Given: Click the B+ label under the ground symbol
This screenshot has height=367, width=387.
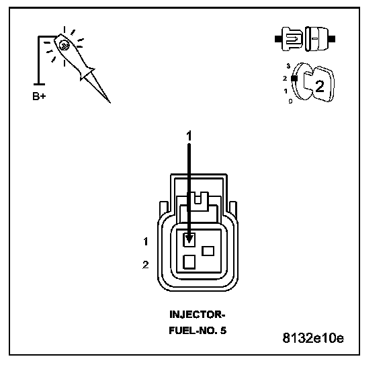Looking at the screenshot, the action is click(x=39, y=96).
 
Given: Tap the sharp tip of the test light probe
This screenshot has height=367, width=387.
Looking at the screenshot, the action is click(x=110, y=102).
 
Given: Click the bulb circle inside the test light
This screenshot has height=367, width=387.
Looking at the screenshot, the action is click(x=64, y=45).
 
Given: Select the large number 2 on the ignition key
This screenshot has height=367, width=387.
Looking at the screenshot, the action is click(x=320, y=87).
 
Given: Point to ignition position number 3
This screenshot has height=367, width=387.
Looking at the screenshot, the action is click(x=288, y=66).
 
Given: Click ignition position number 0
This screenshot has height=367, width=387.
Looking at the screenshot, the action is click(x=290, y=101).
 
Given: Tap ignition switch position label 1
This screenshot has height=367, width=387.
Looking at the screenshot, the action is click(x=286, y=91).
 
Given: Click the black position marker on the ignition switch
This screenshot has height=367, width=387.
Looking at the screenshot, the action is click(x=294, y=78).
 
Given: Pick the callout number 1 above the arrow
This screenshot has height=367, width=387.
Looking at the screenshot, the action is click(x=189, y=136).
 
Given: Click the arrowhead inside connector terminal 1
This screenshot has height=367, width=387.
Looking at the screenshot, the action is click(x=189, y=239).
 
